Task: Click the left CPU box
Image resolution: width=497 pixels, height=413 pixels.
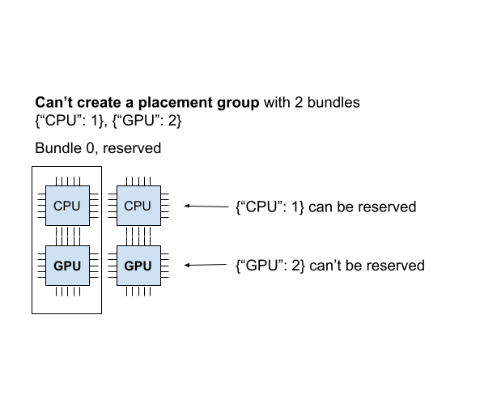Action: coord(67,206)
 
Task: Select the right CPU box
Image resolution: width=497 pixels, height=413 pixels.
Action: coord(138,206)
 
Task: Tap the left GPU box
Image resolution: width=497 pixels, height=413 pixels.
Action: coord(67,266)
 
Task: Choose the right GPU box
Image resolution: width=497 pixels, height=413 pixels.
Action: coord(138,266)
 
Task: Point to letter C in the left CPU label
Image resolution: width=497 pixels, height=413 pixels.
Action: coord(58,206)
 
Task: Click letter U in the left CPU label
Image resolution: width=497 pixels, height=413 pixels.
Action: coord(76,206)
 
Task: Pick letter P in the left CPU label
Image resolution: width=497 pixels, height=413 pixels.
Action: coord(67,206)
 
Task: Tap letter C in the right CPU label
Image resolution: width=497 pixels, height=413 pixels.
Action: coord(129,206)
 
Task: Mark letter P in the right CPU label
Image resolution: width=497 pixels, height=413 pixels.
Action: coord(138,206)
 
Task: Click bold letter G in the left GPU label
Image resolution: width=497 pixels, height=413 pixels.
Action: coord(58,266)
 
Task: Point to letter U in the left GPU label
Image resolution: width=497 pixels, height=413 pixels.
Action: coord(76,266)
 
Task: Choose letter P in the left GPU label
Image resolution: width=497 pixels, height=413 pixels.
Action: coord(67,266)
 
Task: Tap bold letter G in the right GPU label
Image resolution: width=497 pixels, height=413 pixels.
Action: coord(129,266)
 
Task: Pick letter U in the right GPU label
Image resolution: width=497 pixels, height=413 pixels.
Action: coord(147,266)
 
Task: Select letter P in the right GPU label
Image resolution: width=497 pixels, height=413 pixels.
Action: coord(138,266)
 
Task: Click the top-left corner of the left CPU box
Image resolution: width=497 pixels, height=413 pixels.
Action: coord(46,186)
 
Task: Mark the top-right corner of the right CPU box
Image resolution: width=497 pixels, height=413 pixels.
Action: coord(159,186)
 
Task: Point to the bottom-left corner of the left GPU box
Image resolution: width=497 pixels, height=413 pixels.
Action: coord(46,284)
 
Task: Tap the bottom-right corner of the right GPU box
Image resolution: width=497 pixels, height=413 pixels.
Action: coord(159,284)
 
